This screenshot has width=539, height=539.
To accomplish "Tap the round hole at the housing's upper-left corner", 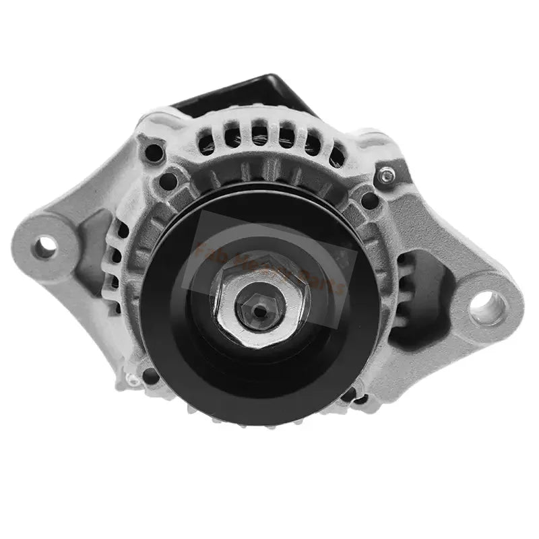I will pyautogui.click(x=154, y=152).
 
